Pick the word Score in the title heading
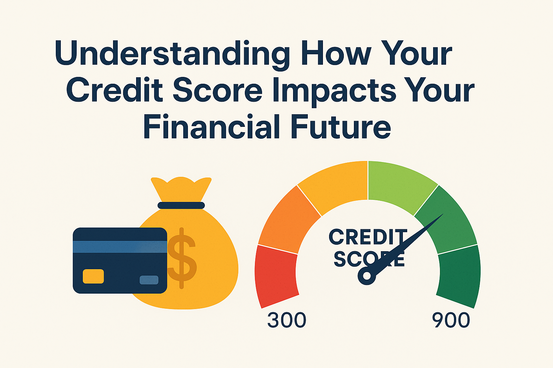[217, 89]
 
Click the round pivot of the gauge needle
[367, 276]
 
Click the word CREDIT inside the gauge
[368, 237]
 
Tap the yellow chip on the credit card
[93, 276]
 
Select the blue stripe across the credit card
[120, 247]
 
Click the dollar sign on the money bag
[182, 258]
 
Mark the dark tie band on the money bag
[181, 205]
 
